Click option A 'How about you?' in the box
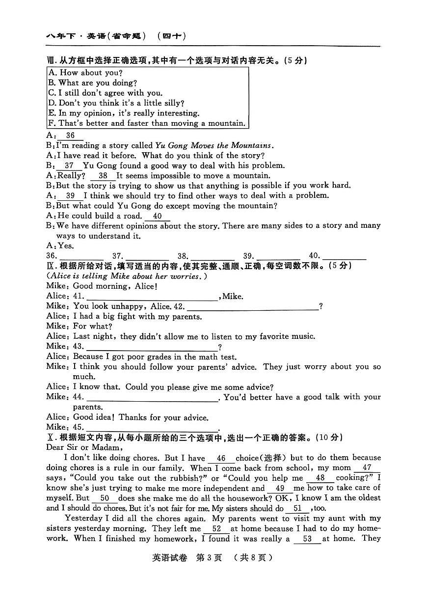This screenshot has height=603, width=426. point(84,73)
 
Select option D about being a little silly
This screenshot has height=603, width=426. point(116,103)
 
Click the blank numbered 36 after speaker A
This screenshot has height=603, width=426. point(71,136)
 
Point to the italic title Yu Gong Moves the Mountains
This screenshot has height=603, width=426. point(213,145)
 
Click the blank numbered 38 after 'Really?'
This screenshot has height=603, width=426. point(103,176)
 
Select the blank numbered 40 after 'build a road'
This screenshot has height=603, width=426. point(157,216)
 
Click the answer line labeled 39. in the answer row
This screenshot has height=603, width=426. point(278,256)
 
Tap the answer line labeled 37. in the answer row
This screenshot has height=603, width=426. point(147,256)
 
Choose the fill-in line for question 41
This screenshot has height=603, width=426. point(152,297)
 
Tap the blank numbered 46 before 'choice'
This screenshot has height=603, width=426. point(221,459)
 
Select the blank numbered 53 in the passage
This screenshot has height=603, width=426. point(307,539)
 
